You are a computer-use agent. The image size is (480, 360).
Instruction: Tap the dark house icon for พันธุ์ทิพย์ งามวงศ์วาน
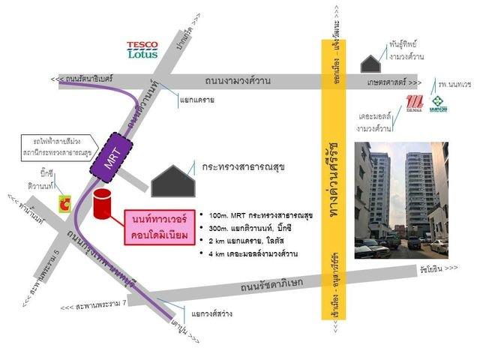[370, 63]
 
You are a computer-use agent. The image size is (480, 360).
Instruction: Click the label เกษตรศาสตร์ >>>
[395, 82]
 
